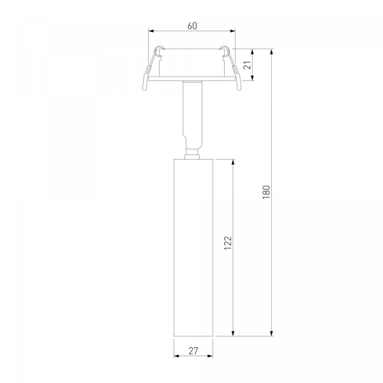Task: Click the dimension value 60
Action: tap(192, 26)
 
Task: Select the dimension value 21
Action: tap(248, 65)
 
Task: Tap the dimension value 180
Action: tap(266, 192)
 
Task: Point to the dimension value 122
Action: tap(228, 243)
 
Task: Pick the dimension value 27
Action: tap(193, 351)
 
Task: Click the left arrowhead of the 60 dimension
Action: tap(151, 31)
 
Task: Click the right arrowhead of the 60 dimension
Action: tap(232, 31)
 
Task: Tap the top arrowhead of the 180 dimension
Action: tap(271, 52)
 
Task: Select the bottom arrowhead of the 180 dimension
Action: tap(271, 333)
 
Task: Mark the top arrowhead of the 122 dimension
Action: tap(233, 162)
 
